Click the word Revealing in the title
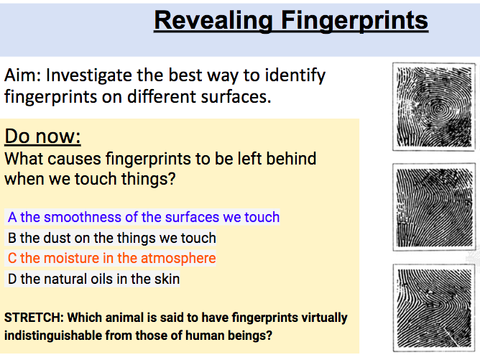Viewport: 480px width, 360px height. pos(213,21)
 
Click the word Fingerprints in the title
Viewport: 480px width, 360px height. pos(354,21)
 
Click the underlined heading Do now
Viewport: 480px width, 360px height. pos(42,136)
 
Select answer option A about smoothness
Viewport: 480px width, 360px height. pos(144,217)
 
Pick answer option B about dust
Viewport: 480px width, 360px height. pos(111,238)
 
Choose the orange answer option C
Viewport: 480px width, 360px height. pos(111,258)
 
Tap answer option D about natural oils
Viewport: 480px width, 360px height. pos(93,279)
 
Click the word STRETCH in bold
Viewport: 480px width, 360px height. pos(34,318)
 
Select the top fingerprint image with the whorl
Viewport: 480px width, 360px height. pos(434,106)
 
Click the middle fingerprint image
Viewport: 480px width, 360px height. pos(434,207)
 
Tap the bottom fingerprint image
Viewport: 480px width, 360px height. pos(434,308)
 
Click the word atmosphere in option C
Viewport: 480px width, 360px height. pos(178,258)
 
